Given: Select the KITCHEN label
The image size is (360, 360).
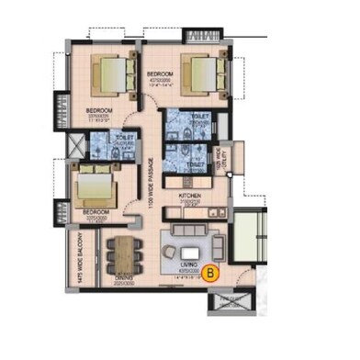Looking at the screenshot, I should pyautogui.click(x=189, y=196).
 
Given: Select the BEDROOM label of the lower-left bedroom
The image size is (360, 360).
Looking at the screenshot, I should pyautogui.click(x=96, y=212).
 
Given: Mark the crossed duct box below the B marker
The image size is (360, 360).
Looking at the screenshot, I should pyautogui.click(x=223, y=304).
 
